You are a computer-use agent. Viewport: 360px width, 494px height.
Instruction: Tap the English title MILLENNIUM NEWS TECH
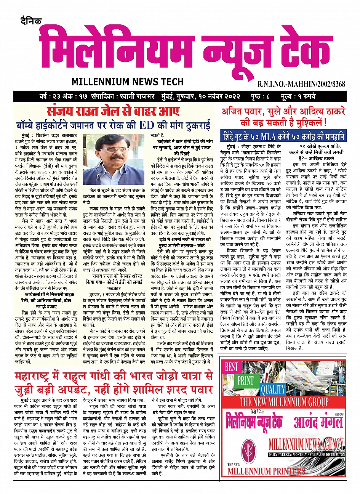click(127, 82)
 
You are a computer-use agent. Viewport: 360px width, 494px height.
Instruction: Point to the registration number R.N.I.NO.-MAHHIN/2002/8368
click(301, 83)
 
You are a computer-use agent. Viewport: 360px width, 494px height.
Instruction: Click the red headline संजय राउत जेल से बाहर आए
click(113, 112)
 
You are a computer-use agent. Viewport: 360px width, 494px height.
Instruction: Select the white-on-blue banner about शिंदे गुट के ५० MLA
click(285, 136)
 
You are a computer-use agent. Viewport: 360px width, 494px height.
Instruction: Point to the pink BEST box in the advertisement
click(231, 367)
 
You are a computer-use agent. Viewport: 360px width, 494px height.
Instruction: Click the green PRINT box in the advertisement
click(245, 380)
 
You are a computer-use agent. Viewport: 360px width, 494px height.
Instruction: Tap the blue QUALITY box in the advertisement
click(273, 389)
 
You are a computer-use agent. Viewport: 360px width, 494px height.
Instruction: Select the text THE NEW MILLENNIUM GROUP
click(284, 402)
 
